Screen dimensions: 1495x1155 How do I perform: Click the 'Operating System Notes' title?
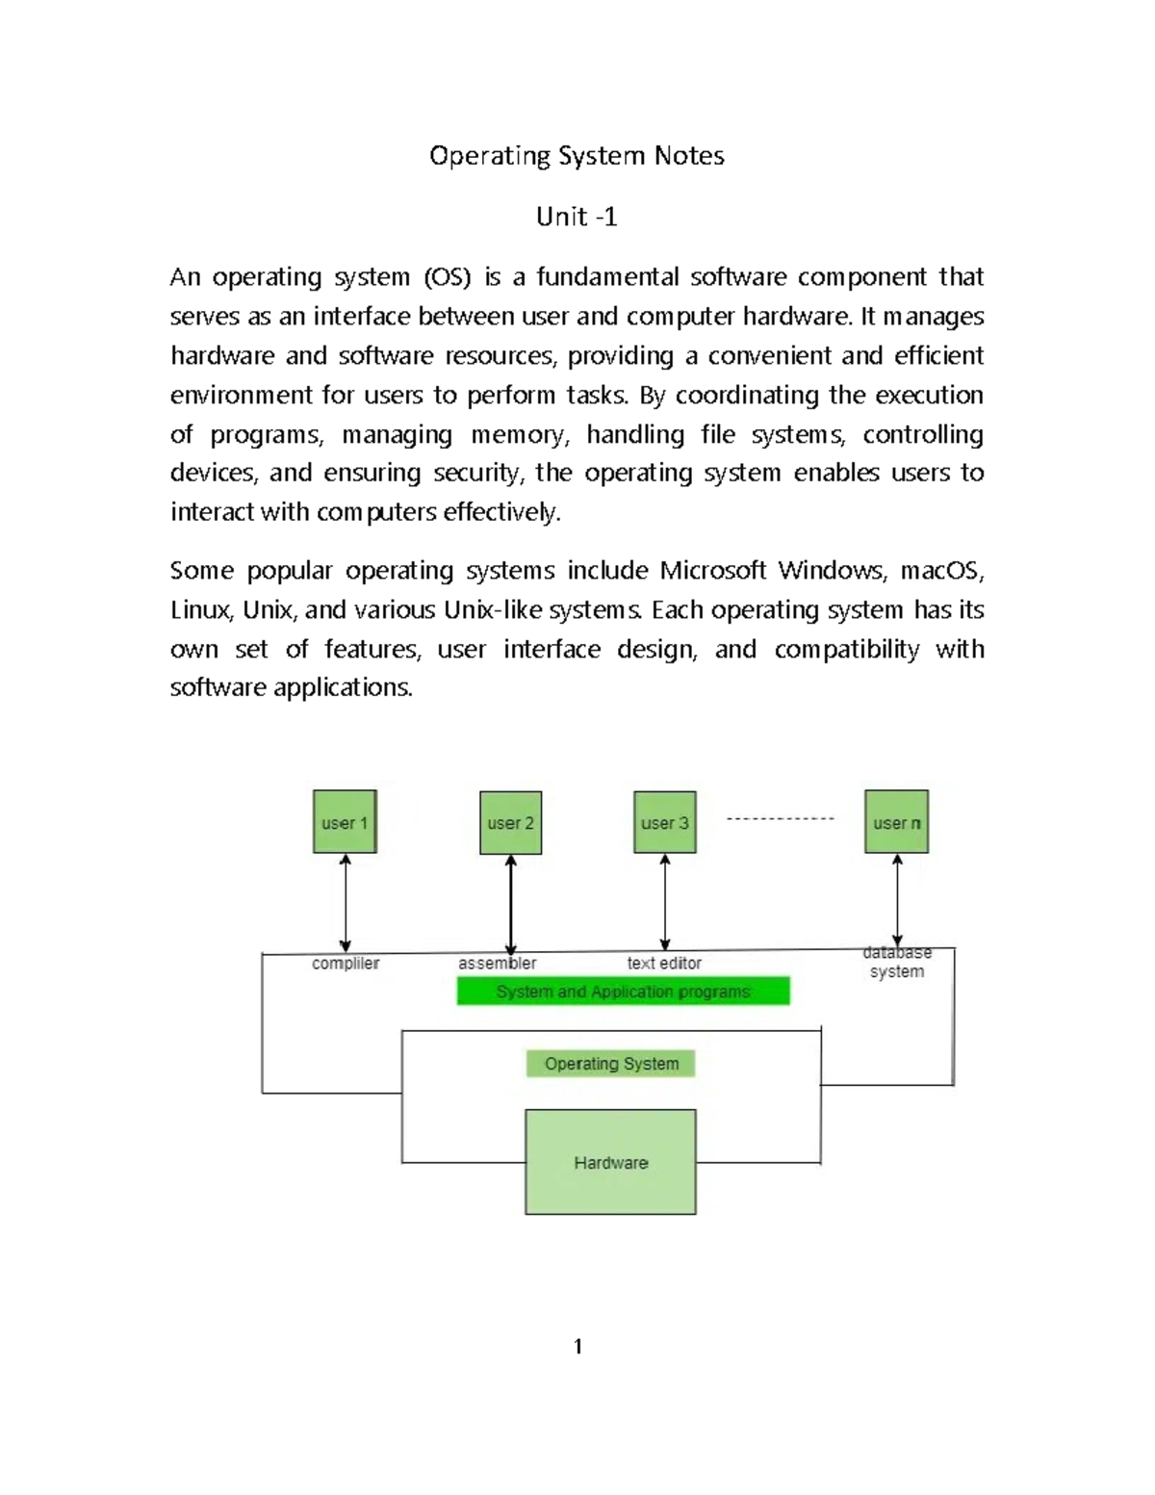point(577,156)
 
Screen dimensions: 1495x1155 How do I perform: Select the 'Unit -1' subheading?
point(577,217)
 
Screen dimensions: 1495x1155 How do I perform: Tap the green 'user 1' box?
point(345,822)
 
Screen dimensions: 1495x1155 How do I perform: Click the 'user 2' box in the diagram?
point(510,823)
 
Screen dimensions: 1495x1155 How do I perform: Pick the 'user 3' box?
point(664,823)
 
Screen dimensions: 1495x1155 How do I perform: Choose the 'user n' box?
point(896,822)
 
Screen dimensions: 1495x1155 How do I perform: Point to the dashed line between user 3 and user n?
point(780,818)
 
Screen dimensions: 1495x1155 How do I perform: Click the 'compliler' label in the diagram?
point(346,964)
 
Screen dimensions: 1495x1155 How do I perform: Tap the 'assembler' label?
point(497,964)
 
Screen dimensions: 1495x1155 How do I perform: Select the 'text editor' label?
point(664,964)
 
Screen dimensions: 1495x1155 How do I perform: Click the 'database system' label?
point(897,963)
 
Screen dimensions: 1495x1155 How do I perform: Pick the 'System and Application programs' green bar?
point(623,992)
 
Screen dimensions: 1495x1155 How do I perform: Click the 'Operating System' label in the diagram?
point(611,1064)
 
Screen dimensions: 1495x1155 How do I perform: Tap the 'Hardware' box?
point(610,1162)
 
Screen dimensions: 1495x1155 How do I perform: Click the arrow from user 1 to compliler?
point(346,903)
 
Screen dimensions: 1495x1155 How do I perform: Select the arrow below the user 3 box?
point(665,903)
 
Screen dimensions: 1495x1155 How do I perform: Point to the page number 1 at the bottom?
point(577,1347)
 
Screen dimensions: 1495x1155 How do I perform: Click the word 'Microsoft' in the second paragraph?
point(713,571)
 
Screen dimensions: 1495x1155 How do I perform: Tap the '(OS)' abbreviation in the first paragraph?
point(448,277)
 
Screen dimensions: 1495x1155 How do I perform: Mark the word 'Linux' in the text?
point(199,610)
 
